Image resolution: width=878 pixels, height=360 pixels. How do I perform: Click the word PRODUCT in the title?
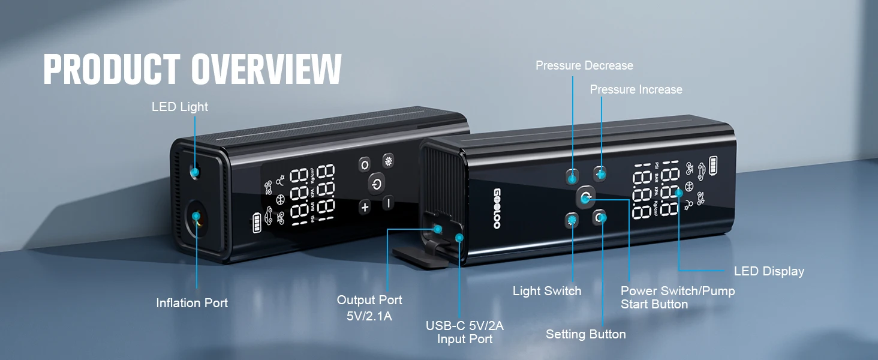click(112, 70)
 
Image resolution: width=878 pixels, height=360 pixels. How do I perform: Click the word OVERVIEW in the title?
click(267, 70)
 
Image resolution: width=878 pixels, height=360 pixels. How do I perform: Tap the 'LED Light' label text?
click(180, 107)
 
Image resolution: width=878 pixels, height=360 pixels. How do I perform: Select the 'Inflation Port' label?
click(192, 303)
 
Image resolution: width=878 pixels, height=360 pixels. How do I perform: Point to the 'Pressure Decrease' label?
click(584, 65)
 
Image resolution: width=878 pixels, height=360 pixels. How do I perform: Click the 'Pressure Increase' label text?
click(636, 89)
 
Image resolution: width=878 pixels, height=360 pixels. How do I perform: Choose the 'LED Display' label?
click(769, 271)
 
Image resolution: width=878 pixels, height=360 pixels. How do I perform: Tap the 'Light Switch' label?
click(547, 291)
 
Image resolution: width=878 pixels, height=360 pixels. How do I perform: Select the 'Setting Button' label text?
click(585, 334)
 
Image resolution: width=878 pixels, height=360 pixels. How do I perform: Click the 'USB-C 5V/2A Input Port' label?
click(465, 332)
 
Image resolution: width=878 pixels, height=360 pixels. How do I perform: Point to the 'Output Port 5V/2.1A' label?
click(369, 307)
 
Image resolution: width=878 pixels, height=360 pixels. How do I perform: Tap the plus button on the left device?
click(365, 207)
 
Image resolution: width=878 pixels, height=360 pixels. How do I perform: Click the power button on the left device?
click(376, 184)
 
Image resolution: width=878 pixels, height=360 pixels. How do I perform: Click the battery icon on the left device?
click(257, 221)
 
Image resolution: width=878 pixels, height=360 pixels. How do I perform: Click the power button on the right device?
click(585, 197)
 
